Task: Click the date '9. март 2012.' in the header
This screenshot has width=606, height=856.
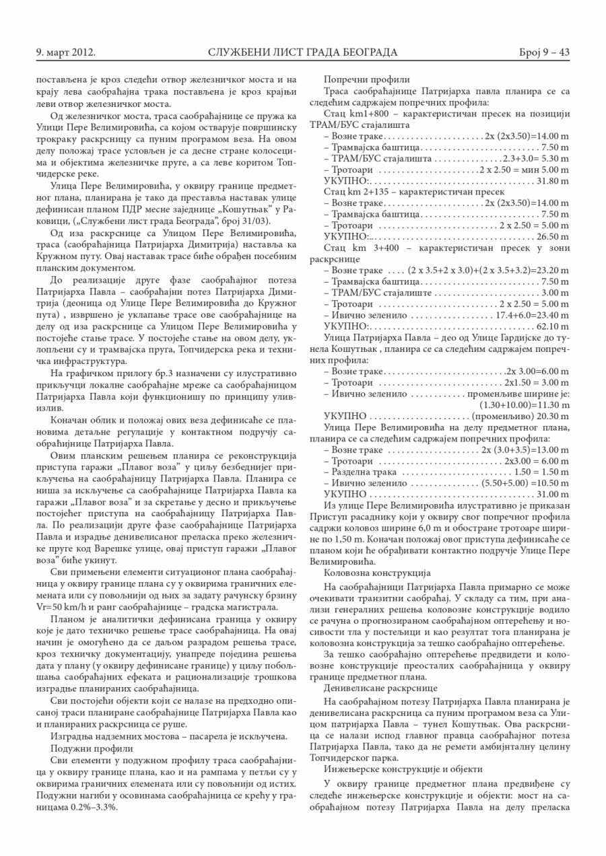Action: tap(65, 52)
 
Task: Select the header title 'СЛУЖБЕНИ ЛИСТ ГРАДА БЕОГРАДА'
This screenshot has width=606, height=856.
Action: tap(303, 52)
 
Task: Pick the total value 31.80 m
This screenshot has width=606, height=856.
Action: tap(553, 181)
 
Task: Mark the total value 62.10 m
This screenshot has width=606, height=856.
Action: tap(553, 326)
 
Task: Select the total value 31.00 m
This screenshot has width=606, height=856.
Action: tap(553, 494)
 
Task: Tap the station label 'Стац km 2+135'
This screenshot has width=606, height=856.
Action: tap(357, 192)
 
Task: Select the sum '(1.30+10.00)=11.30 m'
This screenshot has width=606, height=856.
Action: tap(525, 405)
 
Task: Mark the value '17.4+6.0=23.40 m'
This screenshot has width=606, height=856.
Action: tap(533, 315)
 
